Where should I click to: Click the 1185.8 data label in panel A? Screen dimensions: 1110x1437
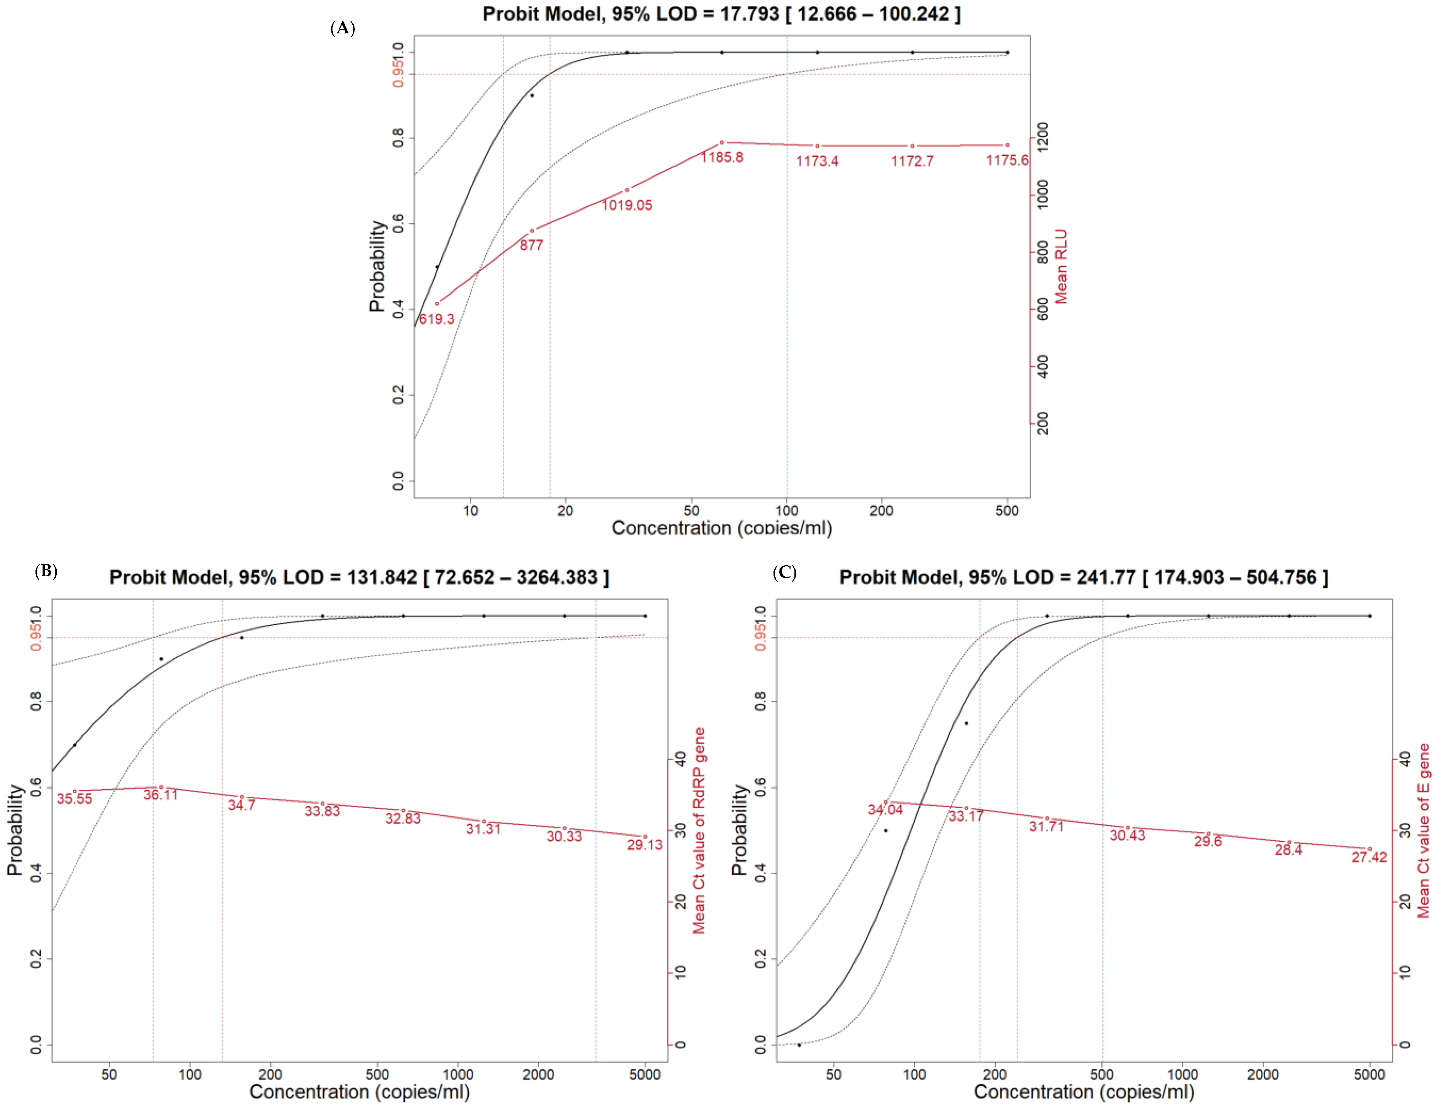(722, 157)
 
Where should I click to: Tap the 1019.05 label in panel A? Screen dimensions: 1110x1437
(626, 205)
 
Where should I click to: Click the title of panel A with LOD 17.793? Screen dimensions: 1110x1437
(721, 14)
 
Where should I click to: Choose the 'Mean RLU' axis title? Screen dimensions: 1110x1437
(1061, 267)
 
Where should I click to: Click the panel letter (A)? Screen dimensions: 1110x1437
(342, 28)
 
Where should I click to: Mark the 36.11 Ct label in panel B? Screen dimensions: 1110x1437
(160, 795)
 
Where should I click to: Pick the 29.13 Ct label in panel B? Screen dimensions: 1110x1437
(644, 845)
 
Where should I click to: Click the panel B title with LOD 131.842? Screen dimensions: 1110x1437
(359, 577)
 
